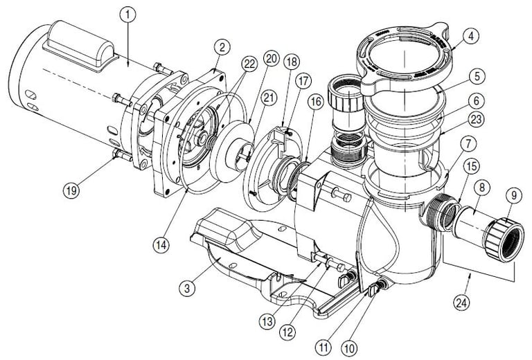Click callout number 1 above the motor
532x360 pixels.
(x=128, y=15)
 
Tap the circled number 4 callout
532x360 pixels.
(x=470, y=37)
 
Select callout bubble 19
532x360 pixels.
(x=71, y=191)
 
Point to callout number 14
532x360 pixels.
(x=161, y=244)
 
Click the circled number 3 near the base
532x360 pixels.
(x=187, y=289)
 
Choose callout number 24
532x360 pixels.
(x=463, y=303)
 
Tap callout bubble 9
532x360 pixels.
(x=514, y=196)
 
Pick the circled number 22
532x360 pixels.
(x=249, y=64)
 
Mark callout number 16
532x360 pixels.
(x=316, y=102)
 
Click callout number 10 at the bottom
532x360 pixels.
(x=349, y=348)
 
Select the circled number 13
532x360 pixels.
(x=267, y=321)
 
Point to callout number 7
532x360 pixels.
(x=468, y=145)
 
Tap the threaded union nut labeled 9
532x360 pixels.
(x=504, y=240)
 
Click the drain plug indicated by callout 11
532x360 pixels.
(x=374, y=290)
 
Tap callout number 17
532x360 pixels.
(x=303, y=82)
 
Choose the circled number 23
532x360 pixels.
(x=477, y=119)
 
